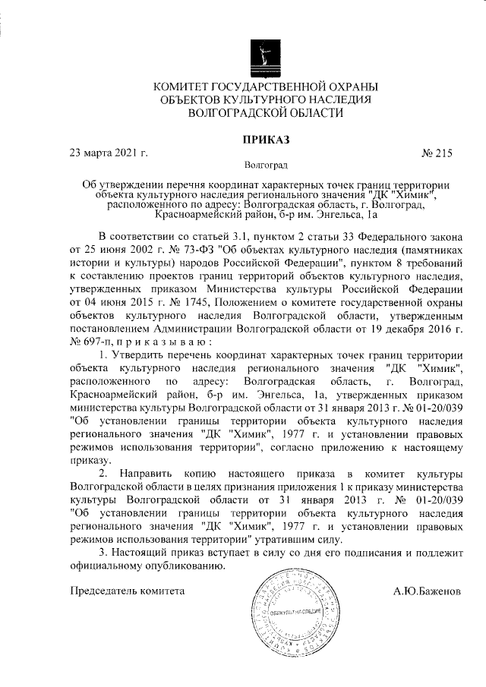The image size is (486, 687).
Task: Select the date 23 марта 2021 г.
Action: coord(108,153)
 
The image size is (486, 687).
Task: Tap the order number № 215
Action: coord(436,153)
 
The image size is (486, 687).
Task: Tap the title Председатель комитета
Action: coord(127,590)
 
